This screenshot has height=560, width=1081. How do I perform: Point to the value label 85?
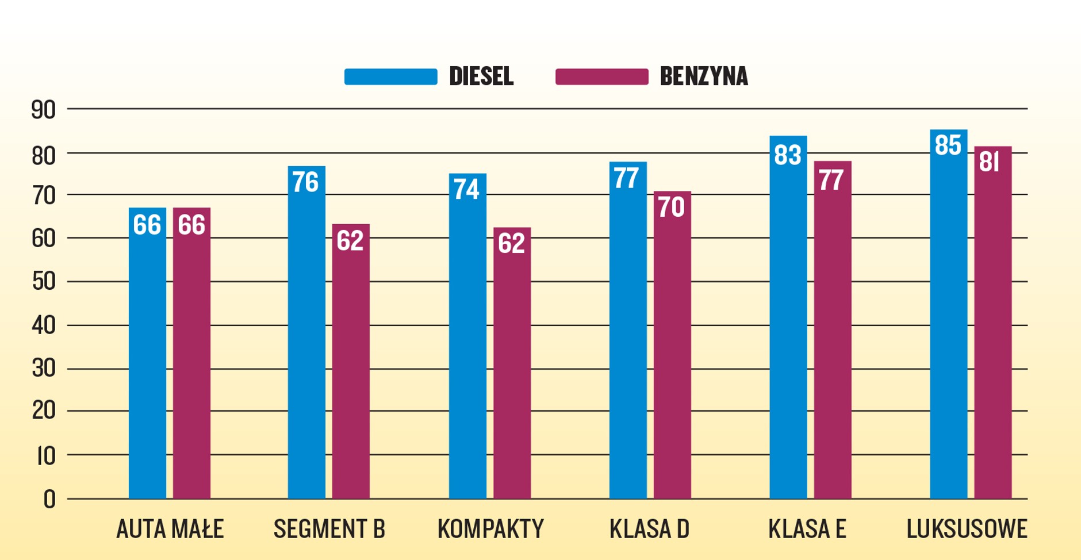[x=948, y=145]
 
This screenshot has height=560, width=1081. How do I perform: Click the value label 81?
[x=990, y=162]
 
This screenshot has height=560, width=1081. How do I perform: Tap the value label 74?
[x=466, y=189]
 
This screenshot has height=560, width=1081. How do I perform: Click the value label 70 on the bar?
[x=671, y=207]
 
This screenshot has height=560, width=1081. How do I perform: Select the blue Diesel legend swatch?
[x=390, y=76]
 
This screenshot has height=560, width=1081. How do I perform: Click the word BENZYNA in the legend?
[x=704, y=76]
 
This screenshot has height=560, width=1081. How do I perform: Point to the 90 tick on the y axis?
[x=44, y=110]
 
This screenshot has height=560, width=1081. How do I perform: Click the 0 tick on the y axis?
[x=49, y=500]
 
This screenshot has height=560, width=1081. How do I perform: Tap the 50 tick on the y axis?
[x=44, y=282]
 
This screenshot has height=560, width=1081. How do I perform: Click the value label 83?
[x=787, y=155]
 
